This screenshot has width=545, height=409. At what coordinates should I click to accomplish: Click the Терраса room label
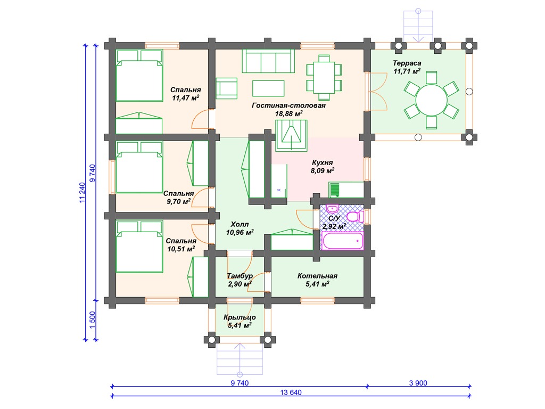click(x=407, y=63)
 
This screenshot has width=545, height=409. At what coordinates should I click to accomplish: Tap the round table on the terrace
click(x=431, y=100)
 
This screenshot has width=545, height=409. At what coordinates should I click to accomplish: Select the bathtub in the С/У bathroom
click(x=343, y=241)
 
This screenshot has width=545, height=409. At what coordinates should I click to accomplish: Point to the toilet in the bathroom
click(x=355, y=217)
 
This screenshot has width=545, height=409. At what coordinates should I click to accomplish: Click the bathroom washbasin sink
click(x=332, y=209)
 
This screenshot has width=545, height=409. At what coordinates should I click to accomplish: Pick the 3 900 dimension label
click(x=418, y=383)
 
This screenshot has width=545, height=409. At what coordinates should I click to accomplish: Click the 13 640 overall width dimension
click(x=291, y=392)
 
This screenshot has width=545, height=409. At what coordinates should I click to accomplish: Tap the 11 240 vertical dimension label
click(x=82, y=192)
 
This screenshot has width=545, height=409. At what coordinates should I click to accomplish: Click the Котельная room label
click(x=317, y=276)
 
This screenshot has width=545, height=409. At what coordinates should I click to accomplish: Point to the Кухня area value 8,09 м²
click(x=323, y=170)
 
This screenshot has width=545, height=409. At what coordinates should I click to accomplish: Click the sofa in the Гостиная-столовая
click(x=268, y=61)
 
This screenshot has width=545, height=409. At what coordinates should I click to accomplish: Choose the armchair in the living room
click(x=227, y=88)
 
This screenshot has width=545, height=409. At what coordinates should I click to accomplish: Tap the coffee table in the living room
click(x=268, y=88)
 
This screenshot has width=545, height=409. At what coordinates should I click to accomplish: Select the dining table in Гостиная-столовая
click(x=324, y=77)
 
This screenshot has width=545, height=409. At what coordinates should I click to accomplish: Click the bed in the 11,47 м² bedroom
click(x=139, y=76)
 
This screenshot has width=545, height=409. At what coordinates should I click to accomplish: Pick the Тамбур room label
click(x=240, y=276)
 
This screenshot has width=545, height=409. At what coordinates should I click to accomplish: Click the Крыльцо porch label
click(x=240, y=317)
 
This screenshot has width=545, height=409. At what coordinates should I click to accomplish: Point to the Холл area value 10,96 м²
click(x=240, y=232)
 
